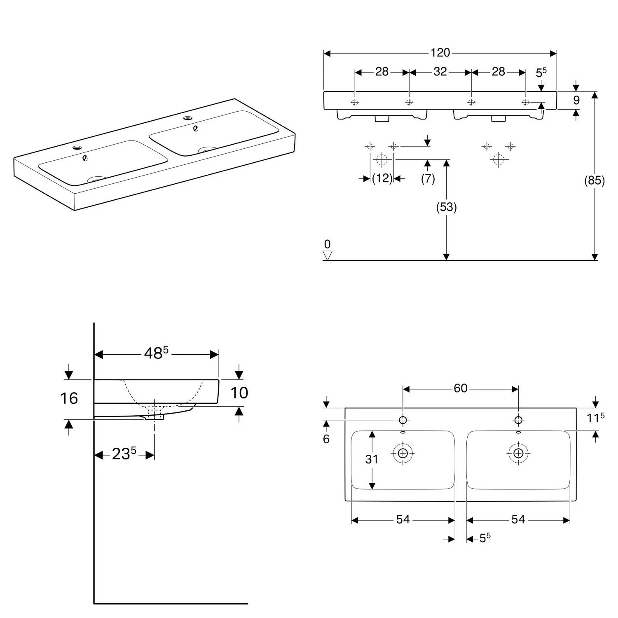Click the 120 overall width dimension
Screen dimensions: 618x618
pos(440,53)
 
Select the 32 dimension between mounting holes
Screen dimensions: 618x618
pos(440,72)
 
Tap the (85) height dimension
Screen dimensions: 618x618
pos(594,180)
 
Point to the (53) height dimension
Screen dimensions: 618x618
pos(446,207)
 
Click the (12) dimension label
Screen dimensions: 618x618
pos(382,179)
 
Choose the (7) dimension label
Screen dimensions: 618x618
pos(428,179)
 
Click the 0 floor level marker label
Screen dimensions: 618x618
pos(328,244)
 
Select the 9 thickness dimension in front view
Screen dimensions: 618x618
pos(576,100)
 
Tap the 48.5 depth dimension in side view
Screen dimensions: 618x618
pos(156,353)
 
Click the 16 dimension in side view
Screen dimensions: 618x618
pos(69,398)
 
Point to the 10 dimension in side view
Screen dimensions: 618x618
pos(239,393)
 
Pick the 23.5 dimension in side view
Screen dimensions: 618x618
pos(124,454)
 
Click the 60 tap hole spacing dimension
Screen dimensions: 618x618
pos(460,389)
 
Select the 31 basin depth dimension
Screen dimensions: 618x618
pos(371,459)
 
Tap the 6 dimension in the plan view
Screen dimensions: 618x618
pos(326,439)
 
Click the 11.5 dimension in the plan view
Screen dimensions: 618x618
pos(595,418)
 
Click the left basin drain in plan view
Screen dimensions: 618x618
pos(403,453)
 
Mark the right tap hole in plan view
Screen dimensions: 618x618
pos(518,420)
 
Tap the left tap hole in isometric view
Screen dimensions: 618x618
pos(77,147)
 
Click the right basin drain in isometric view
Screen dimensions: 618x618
pos(208,150)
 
